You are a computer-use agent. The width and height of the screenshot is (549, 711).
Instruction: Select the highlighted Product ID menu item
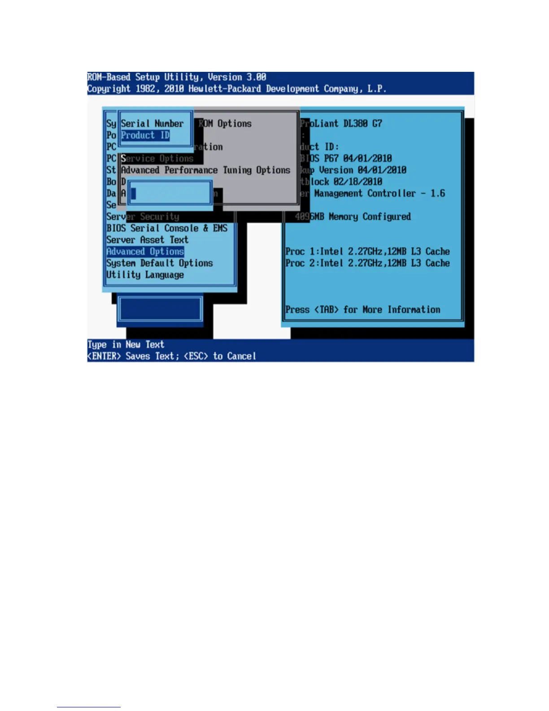tap(145, 136)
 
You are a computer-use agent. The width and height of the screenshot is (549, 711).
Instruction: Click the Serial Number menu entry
tap(152, 123)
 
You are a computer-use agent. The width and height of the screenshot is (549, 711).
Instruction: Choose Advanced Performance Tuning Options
tap(205, 170)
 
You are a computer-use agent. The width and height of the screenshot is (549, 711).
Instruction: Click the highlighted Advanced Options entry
tap(145, 252)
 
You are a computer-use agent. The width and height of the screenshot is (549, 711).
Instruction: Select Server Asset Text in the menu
tap(147, 240)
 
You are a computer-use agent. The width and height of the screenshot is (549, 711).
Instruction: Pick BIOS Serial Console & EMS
tap(167, 228)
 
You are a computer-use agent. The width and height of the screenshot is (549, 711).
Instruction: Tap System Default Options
tap(159, 263)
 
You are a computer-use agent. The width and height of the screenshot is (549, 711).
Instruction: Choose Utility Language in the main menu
tap(145, 275)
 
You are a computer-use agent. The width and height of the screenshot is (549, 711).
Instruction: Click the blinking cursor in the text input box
tap(133, 193)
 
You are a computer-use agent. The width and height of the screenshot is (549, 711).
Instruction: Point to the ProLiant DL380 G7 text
tap(341, 123)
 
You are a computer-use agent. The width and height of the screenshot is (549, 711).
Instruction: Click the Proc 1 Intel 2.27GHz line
tap(367, 252)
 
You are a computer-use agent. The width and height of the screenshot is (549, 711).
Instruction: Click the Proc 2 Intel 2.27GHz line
tap(367, 263)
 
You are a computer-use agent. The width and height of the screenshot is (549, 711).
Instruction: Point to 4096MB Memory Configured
tap(353, 217)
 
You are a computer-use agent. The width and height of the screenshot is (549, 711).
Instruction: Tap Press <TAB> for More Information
tap(363, 310)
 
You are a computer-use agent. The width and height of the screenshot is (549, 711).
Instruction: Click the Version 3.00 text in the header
tap(237, 77)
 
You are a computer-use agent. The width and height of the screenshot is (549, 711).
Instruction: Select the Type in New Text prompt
tap(126, 345)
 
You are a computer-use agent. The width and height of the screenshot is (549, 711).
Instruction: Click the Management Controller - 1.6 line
tap(379, 193)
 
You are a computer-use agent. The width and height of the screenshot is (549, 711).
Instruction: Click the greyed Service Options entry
tap(157, 159)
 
